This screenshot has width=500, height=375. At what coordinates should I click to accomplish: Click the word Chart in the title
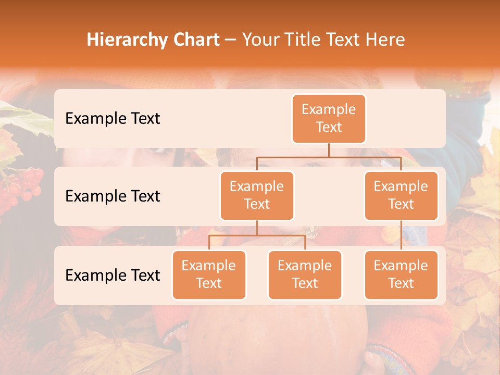(x=194, y=40)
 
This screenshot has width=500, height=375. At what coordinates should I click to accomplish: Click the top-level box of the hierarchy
(x=329, y=118)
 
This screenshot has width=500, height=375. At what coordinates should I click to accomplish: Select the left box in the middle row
(x=257, y=195)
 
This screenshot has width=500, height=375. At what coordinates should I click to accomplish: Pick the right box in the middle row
(x=401, y=195)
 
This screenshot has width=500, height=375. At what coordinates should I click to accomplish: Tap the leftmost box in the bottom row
(x=209, y=274)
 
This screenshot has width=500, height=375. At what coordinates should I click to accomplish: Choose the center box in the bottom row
(x=305, y=274)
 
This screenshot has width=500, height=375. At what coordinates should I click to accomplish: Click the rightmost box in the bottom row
(x=401, y=274)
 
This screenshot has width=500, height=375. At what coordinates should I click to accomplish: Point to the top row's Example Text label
(x=113, y=119)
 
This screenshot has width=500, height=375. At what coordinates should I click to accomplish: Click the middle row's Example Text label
(x=113, y=196)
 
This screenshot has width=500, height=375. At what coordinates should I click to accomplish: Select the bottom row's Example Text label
(x=113, y=275)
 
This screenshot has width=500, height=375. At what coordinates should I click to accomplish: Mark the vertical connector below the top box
(x=329, y=150)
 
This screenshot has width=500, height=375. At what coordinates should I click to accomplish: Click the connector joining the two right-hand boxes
(x=401, y=235)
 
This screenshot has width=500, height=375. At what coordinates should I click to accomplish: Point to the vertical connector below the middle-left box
(x=257, y=228)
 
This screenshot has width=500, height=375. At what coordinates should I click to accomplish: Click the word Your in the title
(x=259, y=40)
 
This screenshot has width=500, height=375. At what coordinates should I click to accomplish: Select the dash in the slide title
(x=230, y=40)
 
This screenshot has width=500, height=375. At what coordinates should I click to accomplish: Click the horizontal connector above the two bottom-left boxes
(x=257, y=235)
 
